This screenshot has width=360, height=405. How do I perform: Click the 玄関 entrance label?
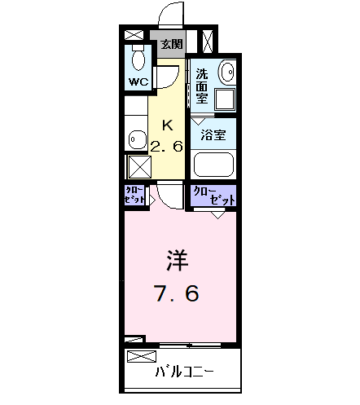(170, 43)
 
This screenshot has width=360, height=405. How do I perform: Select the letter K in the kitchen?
(168, 125)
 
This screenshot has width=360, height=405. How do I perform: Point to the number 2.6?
(167, 147)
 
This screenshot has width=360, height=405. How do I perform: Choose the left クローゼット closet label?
(135, 196)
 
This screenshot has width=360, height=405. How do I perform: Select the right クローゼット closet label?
(213, 196)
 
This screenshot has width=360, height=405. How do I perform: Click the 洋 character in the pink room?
(178, 262)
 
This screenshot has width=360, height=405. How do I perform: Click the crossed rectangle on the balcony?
(143, 356)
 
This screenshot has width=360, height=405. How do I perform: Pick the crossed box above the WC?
(134, 35)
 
